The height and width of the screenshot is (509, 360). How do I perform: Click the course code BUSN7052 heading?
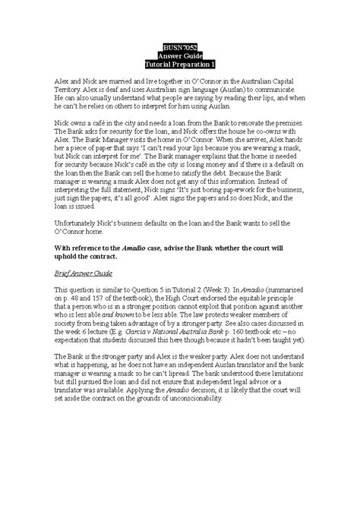coord(180,46)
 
